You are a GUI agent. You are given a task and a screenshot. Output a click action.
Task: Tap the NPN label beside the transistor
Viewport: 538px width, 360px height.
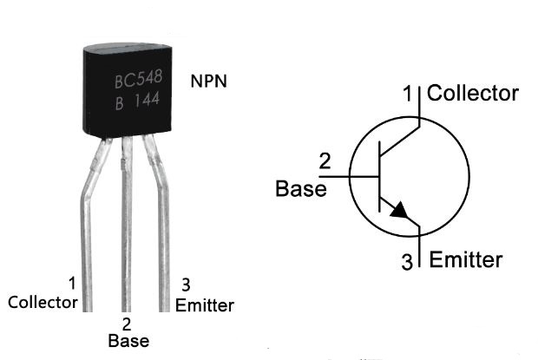click(x=209, y=82)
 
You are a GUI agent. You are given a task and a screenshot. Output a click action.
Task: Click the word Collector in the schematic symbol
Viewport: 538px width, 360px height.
click(x=473, y=93)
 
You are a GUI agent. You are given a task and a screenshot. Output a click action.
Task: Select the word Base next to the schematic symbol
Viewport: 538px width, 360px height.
click(x=301, y=188)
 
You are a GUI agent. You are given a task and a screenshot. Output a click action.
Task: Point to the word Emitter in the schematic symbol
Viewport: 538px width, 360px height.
click(x=466, y=259)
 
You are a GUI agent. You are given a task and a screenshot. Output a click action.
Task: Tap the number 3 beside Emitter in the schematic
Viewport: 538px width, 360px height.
click(x=408, y=261)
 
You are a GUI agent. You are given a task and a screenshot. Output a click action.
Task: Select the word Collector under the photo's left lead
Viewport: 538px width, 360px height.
click(x=43, y=303)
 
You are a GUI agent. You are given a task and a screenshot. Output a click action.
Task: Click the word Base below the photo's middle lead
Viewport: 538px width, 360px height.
click(x=128, y=341)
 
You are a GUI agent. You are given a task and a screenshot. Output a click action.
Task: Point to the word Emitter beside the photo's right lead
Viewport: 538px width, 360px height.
click(x=204, y=304)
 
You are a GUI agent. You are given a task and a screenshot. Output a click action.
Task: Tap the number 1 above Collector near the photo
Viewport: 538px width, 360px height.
click(x=71, y=283)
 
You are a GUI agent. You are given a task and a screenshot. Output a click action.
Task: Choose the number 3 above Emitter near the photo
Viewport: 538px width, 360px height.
click(x=186, y=285)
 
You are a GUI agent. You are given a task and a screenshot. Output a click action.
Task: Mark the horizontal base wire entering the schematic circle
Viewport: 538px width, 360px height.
click(x=356, y=176)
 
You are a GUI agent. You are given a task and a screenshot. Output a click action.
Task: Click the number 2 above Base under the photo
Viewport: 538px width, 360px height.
click(x=127, y=324)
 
